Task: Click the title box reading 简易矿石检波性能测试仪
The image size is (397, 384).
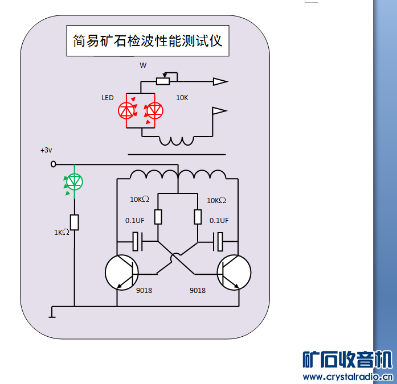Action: click(148, 41)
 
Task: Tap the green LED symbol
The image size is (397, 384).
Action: click(75, 181)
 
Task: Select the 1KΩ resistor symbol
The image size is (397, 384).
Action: click(74, 222)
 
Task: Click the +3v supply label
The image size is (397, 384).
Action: click(46, 150)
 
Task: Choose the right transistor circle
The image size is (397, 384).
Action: click(234, 272)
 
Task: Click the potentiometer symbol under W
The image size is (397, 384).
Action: click(163, 81)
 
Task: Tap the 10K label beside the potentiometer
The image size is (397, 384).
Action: click(182, 98)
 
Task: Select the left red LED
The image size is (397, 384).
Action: click(126, 110)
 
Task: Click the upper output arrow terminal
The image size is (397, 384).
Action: click(220, 82)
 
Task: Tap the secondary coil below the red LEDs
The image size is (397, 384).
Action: click(176, 141)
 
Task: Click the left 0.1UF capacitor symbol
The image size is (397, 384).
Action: click(137, 242)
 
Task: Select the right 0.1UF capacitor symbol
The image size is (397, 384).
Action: click(219, 242)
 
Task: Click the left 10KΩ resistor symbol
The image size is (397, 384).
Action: click(158, 217)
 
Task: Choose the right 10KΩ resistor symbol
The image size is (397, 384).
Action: click(198, 217)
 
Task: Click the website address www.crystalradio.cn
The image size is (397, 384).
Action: click(347, 377)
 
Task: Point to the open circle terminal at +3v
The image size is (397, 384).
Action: click(54, 164)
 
